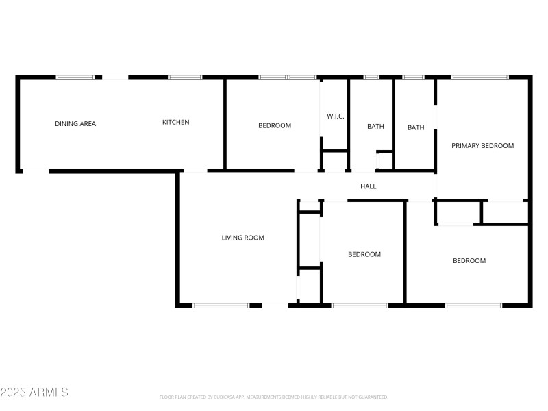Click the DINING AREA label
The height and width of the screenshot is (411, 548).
[x=75, y=124]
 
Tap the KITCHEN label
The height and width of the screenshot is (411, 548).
[x=175, y=123]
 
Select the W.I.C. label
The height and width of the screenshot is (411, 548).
[x=335, y=116]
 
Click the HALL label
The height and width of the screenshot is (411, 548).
[x=369, y=186]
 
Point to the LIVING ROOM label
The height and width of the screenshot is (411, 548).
[x=242, y=238]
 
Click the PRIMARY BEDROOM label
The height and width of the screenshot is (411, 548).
[x=482, y=146]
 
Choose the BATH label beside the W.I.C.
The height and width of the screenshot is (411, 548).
[x=375, y=126]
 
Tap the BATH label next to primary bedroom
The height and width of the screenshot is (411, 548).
[x=416, y=127]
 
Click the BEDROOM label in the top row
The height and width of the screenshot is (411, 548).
[x=275, y=125]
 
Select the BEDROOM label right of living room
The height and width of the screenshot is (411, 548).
[x=364, y=255]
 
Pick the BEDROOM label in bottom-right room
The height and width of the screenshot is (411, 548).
[x=469, y=261]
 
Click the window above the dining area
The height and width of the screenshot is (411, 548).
[x=75, y=77]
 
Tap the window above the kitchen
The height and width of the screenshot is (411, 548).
[x=185, y=77]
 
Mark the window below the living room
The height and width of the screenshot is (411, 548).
[x=221, y=305]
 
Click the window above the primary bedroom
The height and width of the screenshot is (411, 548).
[x=480, y=77]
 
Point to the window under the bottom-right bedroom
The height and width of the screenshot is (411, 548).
[x=473, y=305]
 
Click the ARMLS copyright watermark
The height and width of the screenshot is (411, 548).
[x=34, y=393]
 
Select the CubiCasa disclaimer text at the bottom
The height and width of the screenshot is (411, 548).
[x=274, y=397]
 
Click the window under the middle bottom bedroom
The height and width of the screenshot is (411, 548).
[x=360, y=305]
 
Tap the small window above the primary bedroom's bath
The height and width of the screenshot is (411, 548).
[x=414, y=77]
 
